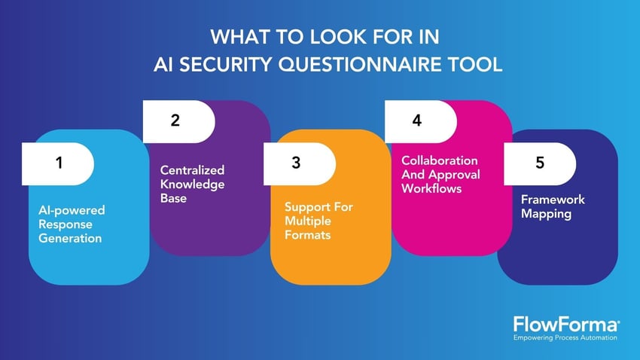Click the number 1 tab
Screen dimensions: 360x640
pyautogui.click(x=59, y=163)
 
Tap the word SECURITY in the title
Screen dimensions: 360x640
pyautogui.click(x=225, y=65)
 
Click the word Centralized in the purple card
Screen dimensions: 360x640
pyautogui.click(x=192, y=170)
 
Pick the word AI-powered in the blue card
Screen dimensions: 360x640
pyautogui.click(x=72, y=210)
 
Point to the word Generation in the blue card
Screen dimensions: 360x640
pyautogui.click(x=70, y=239)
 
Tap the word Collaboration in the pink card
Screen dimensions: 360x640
pyautogui.click(x=439, y=160)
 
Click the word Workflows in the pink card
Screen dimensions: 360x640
pyautogui.click(x=431, y=188)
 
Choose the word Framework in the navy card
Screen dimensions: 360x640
pyautogui.click(x=553, y=200)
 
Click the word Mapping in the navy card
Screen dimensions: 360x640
pyautogui.click(x=547, y=214)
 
